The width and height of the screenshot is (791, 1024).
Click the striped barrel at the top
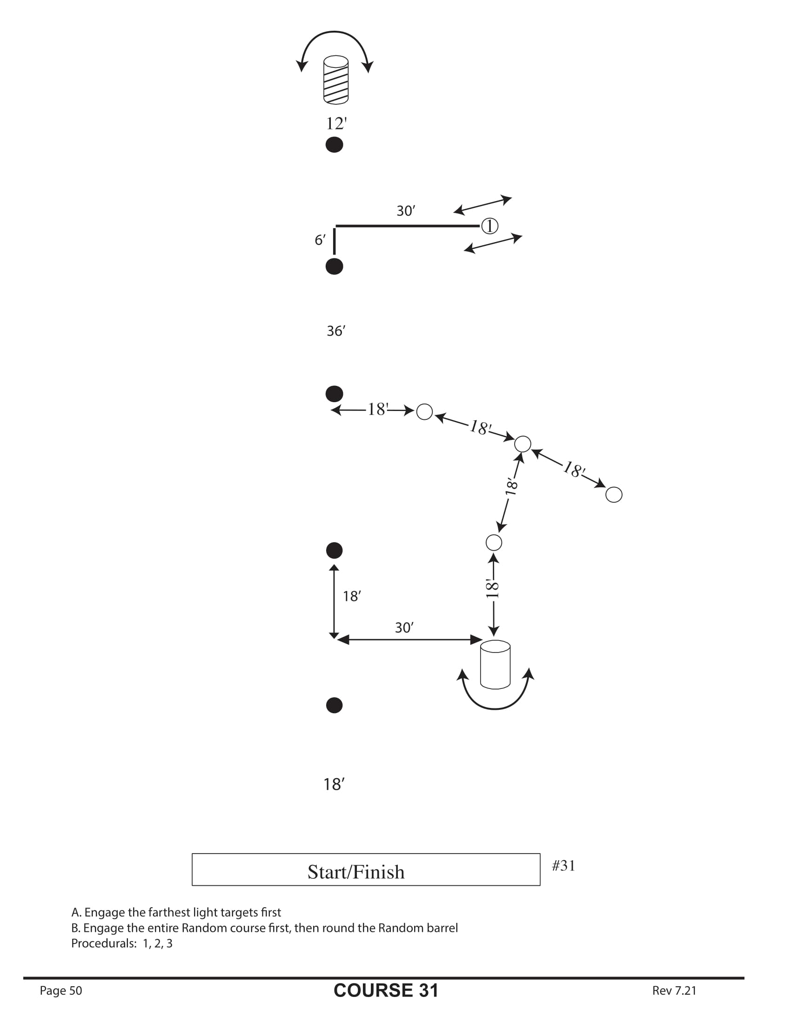click(335, 80)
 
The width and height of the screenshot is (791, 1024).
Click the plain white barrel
click(495, 664)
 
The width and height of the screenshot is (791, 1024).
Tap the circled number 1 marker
click(489, 226)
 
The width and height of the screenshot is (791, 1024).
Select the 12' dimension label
click(336, 124)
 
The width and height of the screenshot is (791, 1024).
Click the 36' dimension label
click(335, 331)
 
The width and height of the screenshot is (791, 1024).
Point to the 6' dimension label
click(320, 240)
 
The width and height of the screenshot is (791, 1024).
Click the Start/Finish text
click(355, 872)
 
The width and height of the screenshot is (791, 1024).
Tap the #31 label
click(563, 866)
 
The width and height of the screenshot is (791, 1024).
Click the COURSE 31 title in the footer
click(386, 990)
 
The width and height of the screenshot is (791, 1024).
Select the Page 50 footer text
click(61, 990)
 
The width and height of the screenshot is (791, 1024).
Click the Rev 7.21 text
click(674, 990)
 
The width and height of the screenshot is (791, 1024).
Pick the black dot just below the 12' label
click(334, 145)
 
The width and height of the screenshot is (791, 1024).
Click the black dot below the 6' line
click(334, 266)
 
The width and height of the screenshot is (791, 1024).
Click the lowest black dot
click(334, 705)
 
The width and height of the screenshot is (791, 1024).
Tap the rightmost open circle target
click(613, 495)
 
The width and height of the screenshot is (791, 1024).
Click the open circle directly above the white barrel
click(493, 542)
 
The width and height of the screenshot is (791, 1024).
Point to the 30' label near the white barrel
click(404, 628)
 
